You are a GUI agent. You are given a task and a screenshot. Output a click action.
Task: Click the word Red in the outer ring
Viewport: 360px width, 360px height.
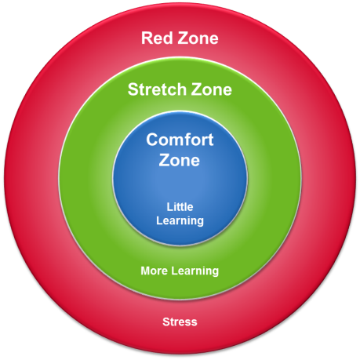click(x=157, y=38)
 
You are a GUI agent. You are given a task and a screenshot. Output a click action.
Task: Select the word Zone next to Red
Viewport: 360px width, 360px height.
click(x=198, y=38)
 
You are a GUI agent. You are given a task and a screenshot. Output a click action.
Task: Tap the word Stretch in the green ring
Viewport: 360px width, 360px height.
click(x=157, y=89)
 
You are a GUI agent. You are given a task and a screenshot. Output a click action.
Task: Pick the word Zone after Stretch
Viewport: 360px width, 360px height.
click(x=211, y=89)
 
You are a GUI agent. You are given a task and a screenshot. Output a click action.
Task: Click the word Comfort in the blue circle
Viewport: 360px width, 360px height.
click(x=180, y=140)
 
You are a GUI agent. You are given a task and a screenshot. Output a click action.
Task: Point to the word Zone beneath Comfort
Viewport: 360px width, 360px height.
click(x=180, y=160)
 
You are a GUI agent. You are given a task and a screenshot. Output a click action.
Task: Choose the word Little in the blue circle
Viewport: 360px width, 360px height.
click(x=180, y=207)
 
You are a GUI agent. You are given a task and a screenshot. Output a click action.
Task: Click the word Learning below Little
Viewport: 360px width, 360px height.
click(x=180, y=220)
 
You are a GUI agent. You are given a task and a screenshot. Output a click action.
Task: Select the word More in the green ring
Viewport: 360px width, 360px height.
click(x=154, y=271)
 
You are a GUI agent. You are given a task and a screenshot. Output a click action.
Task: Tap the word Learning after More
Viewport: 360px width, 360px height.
click(x=195, y=271)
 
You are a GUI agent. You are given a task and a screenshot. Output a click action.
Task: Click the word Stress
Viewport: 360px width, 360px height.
click(x=180, y=322)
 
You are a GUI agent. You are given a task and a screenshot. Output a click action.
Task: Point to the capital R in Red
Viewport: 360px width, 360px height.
click(x=147, y=38)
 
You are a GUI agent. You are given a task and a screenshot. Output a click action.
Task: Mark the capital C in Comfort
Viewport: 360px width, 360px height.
click(x=152, y=140)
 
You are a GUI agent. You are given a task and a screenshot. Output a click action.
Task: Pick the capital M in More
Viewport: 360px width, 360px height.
click(x=146, y=271)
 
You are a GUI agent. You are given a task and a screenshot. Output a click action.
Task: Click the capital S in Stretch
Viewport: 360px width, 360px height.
click(x=133, y=89)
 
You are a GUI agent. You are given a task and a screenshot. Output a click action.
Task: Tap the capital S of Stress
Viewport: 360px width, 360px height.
click(x=165, y=322)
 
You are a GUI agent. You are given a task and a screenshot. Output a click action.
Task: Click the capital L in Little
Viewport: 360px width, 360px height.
click(x=170, y=207)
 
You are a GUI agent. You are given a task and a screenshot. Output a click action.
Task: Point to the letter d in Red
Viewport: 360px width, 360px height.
click(x=167, y=38)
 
